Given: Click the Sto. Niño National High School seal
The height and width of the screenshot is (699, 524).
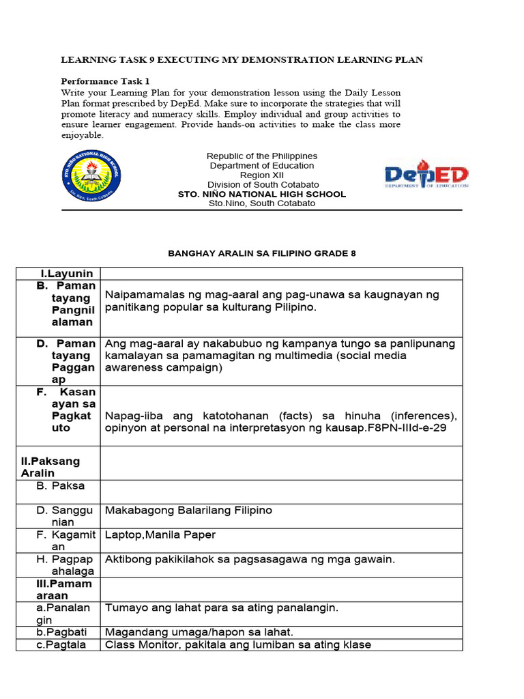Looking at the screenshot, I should coord(92,175).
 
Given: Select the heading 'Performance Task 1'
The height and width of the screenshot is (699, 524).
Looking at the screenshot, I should coord(100,80).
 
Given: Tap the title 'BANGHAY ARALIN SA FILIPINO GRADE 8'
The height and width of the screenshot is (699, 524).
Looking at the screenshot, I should coord(262,253).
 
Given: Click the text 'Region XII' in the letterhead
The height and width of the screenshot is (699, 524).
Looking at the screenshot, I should coord(262,175).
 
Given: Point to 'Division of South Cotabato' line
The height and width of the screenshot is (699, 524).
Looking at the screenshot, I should coord(262,184).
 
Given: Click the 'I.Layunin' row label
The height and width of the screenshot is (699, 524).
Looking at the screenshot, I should coord(65,273).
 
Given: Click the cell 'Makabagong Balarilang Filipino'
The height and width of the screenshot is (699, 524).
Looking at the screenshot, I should coord(188,510).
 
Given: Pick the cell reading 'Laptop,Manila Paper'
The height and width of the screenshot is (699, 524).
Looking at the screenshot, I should coord(160,534).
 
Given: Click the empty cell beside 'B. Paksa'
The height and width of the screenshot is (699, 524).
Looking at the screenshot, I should coord(281,491).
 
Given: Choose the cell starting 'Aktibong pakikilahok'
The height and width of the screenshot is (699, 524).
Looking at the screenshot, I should coord(250,559).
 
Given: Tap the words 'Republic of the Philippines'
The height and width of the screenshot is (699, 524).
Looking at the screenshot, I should coord(262,156).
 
